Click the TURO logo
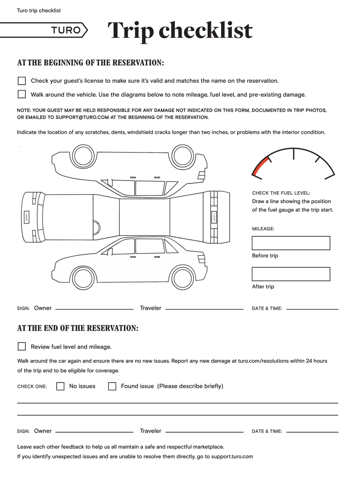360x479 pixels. point(69,31)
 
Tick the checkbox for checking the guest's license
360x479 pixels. point(22,81)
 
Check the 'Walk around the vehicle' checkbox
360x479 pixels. point(22,94)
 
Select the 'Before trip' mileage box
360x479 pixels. point(291,243)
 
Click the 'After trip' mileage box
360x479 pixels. point(291,274)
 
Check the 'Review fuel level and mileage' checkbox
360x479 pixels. point(22,347)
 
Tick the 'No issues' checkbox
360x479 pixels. point(60,386)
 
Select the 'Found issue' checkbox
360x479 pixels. point(112,386)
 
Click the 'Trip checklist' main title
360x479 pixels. point(180,31)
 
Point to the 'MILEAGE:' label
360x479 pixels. point(263,229)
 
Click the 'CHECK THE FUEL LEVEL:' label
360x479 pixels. point(281,193)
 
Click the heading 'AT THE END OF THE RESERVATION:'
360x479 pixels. point(78,328)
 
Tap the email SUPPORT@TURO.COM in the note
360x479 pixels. point(82,117)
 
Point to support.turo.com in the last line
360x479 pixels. point(232,456)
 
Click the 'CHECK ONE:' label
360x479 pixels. point(32,387)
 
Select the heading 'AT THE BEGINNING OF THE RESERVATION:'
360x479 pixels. point(90,63)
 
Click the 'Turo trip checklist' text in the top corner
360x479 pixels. point(39,10)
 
